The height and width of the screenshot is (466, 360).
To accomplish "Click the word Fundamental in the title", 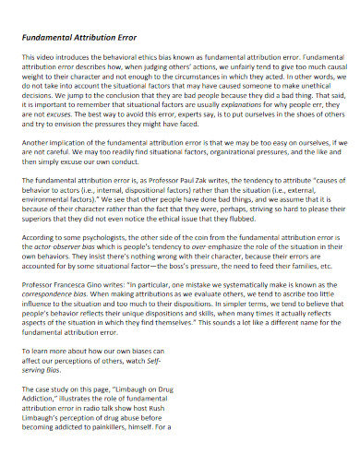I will click(x=49, y=37).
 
